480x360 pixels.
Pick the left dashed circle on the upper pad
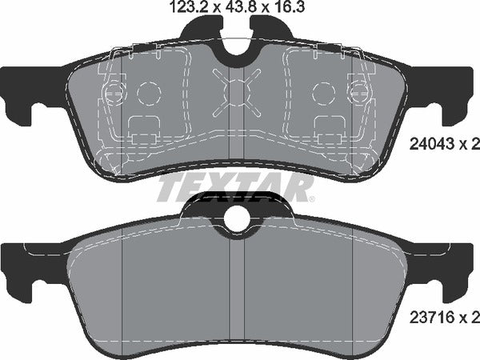point(149,94)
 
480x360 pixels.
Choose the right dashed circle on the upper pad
point(325,94)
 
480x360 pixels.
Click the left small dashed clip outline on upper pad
point(145,128)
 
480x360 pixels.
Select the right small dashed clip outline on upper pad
point(330,128)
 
